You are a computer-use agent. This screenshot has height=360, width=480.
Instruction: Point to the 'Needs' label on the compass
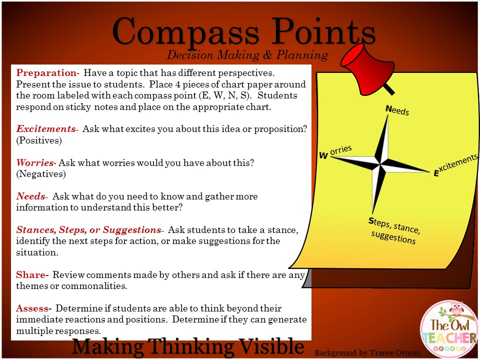(397, 110)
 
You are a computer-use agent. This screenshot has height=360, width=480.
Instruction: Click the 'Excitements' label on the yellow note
(455, 164)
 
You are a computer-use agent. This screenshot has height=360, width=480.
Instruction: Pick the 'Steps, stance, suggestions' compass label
(394, 230)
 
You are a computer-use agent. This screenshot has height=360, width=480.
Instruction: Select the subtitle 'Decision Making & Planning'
(247, 54)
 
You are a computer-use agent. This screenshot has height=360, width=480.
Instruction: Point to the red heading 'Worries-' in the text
(35, 163)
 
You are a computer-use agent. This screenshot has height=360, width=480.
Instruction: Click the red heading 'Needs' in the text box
(31, 196)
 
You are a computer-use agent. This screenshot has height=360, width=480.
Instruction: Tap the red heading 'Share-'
(32, 275)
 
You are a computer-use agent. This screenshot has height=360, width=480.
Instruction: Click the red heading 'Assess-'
(33, 308)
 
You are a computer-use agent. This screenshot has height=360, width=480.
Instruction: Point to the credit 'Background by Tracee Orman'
(367, 353)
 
